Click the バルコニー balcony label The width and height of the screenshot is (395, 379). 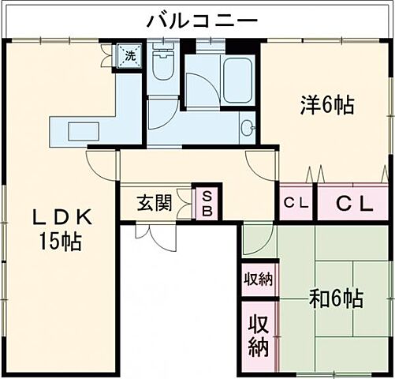point(202,21)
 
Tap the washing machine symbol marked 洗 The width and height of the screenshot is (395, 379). point(129,55)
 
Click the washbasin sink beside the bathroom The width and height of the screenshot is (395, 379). point(248,126)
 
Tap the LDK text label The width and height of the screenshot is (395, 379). point(62,217)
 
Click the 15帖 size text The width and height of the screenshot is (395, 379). point(62,242)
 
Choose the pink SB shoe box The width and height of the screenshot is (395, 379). point(207,203)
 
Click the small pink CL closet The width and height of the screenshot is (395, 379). point(296,203)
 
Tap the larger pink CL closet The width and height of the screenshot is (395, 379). point(354,203)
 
